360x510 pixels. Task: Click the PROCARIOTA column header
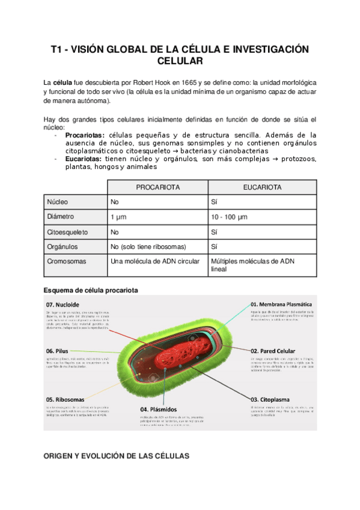pyautogui.click(x=157, y=188)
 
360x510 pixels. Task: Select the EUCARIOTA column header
pyautogui.click(x=261, y=188)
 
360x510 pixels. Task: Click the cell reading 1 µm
pyautogui.click(x=118, y=217)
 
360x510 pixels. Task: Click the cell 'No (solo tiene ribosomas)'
pyautogui.click(x=148, y=247)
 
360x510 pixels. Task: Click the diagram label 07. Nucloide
pyautogui.click(x=63, y=304)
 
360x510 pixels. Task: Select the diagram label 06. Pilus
pyautogui.click(x=58, y=351)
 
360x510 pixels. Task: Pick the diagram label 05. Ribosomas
pyautogui.click(x=65, y=399)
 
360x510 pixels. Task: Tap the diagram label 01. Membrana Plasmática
pyautogui.click(x=281, y=304)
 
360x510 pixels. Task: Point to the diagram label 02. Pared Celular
pyautogui.click(x=273, y=351)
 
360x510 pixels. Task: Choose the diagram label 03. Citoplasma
pyautogui.click(x=270, y=398)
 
